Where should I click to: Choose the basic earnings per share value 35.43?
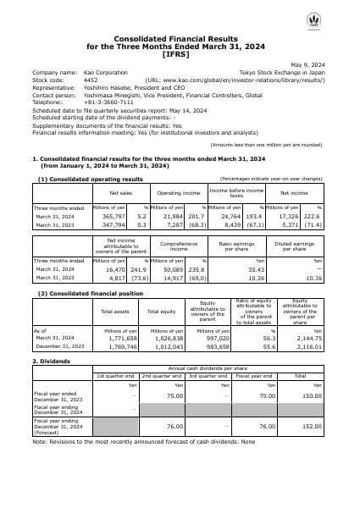click(x=254, y=268)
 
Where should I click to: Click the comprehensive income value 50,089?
click(x=174, y=268)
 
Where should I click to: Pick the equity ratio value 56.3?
click(x=263, y=337)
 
